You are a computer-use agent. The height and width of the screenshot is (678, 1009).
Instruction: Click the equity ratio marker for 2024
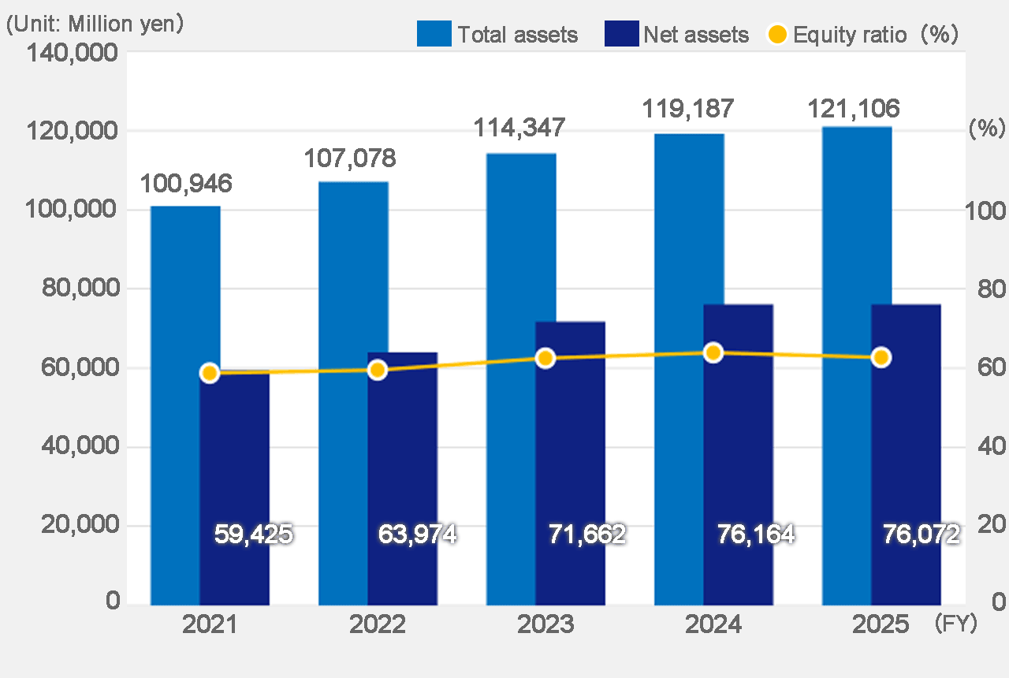tap(713, 352)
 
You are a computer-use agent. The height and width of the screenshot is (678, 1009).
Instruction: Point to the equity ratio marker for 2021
tap(209, 373)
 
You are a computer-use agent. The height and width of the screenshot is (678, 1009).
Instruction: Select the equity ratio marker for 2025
tap(881, 357)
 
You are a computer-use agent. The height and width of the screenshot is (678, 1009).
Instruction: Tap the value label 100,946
tap(186, 184)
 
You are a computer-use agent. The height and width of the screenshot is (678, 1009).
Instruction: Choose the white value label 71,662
tap(586, 535)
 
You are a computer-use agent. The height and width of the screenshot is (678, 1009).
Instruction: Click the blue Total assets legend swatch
tap(434, 34)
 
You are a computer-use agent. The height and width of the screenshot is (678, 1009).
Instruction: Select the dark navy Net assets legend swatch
tap(620, 34)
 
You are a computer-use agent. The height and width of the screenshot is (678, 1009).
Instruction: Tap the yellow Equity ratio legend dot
tap(777, 34)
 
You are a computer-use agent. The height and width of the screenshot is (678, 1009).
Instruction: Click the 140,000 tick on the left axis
tap(73, 53)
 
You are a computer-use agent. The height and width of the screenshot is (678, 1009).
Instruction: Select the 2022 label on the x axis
tap(378, 625)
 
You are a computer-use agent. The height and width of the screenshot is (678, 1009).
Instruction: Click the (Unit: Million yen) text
tap(95, 24)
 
